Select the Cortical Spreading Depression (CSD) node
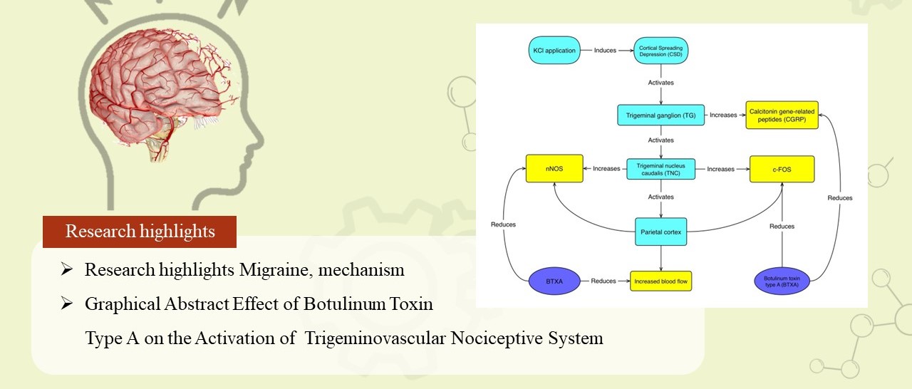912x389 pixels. pos(662,51)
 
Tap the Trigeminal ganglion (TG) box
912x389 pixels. pos(661,114)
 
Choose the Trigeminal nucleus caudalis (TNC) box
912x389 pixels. pos(661,169)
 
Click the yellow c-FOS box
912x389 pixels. pos(782,169)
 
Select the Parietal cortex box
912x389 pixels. pos(661,232)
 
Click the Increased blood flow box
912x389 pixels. pos(661,281)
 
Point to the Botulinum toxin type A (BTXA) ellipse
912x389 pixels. pos(782,281)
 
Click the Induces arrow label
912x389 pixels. pos(605,51)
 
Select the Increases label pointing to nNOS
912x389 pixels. pos(606,169)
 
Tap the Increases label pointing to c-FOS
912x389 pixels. pos(721,169)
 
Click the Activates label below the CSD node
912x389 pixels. pos(661,83)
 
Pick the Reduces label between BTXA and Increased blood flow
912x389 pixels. pos(604,281)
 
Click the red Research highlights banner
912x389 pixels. pos(140,232)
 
